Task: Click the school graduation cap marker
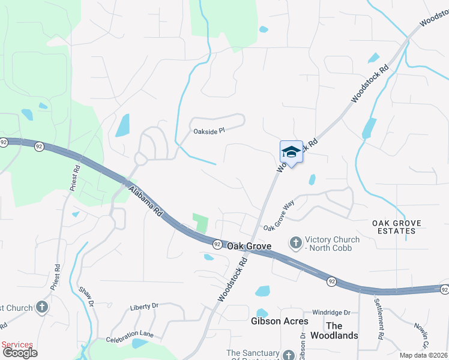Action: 291,152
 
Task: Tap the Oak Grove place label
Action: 249,246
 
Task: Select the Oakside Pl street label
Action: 208,130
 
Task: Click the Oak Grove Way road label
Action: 279,215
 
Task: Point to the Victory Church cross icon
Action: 295,243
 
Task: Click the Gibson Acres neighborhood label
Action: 279,321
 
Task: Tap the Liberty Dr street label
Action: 144,306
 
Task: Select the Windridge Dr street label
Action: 331,313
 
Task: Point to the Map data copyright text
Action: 424,355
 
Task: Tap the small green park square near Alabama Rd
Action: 200,223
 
